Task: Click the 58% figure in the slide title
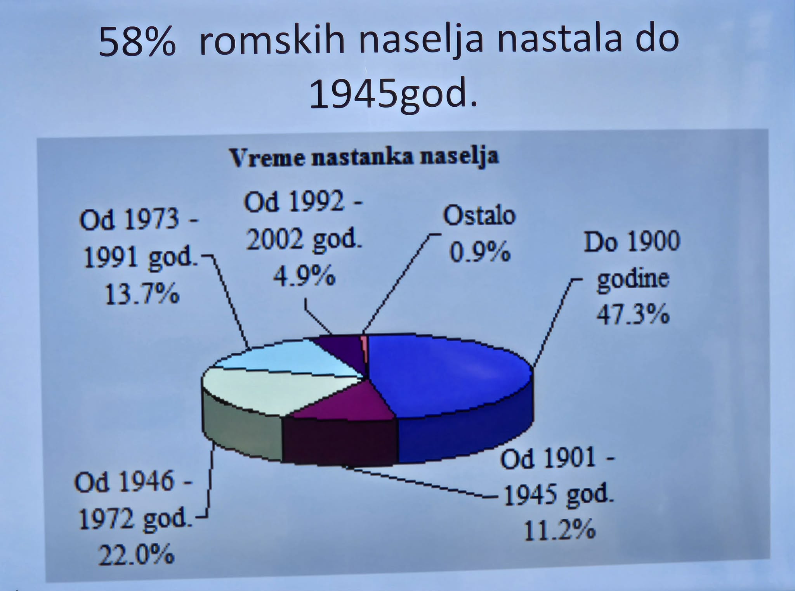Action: tap(137, 42)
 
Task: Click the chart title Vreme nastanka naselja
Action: tap(364, 157)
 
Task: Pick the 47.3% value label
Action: tap(633, 314)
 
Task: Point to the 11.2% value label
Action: tap(559, 530)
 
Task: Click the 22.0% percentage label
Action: tap(136, 555)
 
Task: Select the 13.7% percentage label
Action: tap(142, 294)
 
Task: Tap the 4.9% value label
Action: tap(304, 276)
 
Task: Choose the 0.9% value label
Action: tap(479, 252)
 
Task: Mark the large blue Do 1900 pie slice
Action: tap(446, 373)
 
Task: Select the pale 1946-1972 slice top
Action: tap(272, 388)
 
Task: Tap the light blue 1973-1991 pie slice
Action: tap(295, 357)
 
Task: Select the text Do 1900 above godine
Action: tap(632, 241)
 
